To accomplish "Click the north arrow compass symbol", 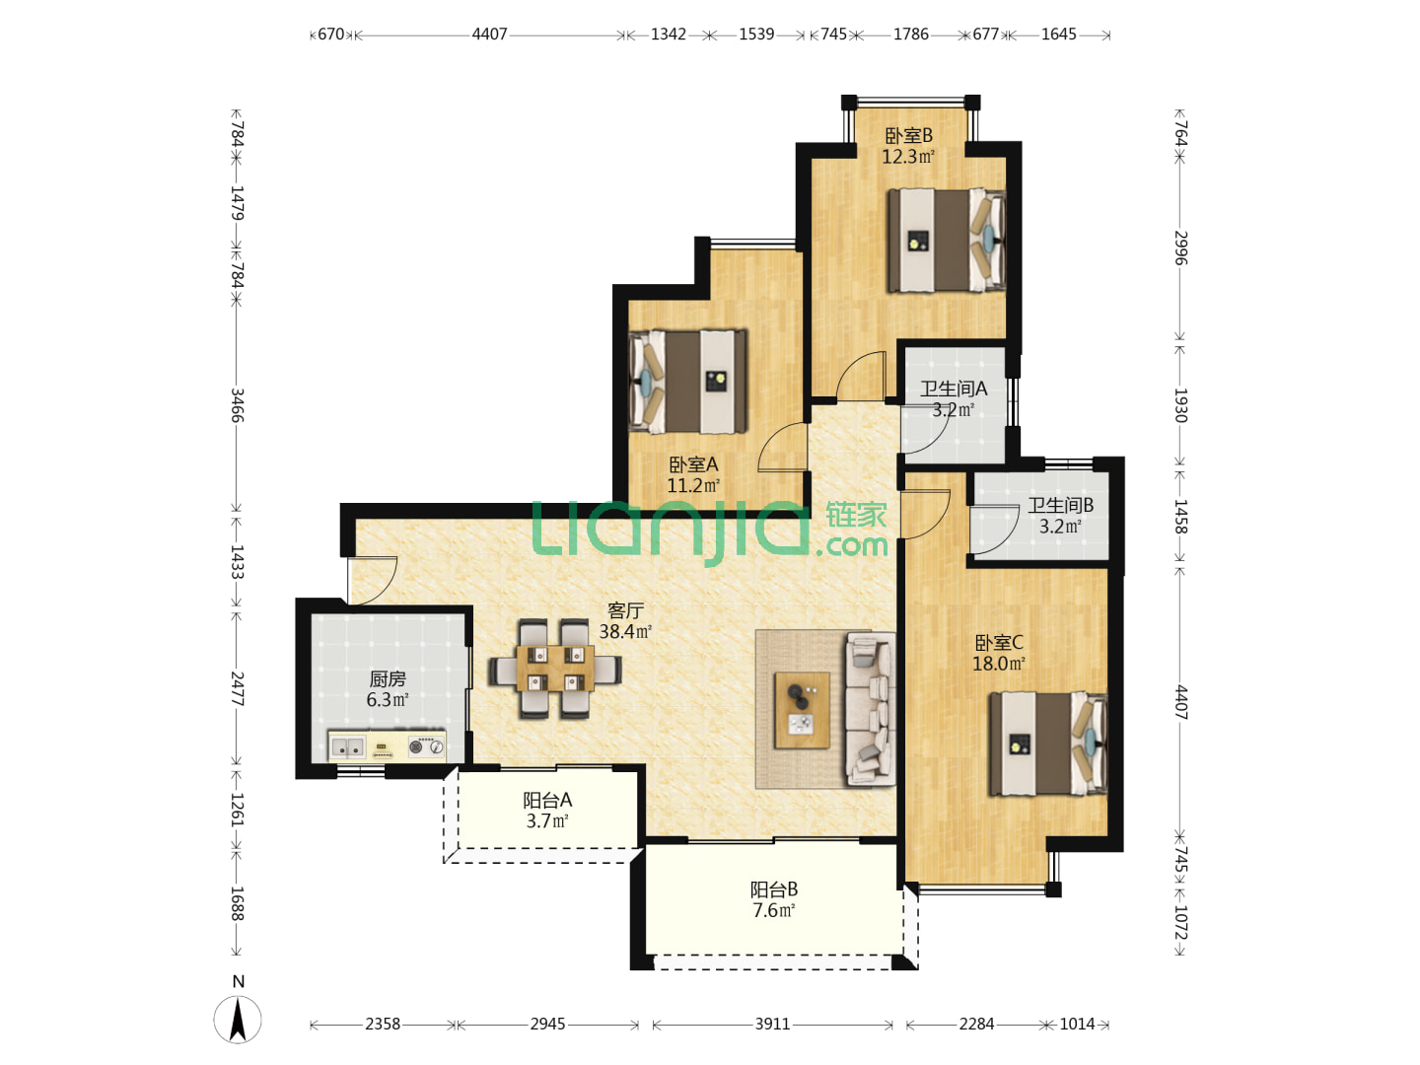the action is pos(238,1019).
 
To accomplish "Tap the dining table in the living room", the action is pos(555,670).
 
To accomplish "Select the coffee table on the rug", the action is pos(802,710).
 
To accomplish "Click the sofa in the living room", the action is pos(871,709).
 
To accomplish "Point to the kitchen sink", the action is pos(347,747).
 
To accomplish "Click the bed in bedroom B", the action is pos(946,240).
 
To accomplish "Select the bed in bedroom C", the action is pos(1048,744).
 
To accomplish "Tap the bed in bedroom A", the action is pos(687,382).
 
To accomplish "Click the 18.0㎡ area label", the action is pos(998,664).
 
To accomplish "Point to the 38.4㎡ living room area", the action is pos(625,631).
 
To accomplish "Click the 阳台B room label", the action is pos(774,889).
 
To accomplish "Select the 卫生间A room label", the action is pos(954,388).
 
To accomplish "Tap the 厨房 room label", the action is pos(388,678).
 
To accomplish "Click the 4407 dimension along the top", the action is pos(489,34).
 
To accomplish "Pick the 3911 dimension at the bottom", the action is pos(772,1024).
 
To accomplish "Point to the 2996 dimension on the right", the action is pos(1180,248).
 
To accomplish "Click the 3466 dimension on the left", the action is pos(238,404).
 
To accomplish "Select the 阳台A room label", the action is pos(547,800).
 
